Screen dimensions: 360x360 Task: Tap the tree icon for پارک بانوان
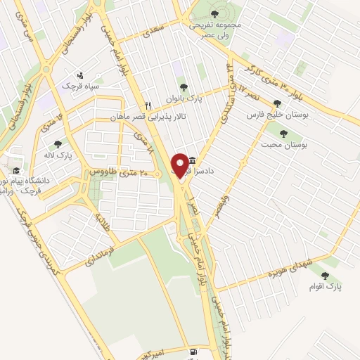pyautogui.click(x=184, y=88)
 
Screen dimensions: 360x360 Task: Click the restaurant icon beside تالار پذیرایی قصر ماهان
pyautogui.click(x=148, y=105)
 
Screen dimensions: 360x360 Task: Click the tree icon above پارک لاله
pyautogui.click(x=58, y=143)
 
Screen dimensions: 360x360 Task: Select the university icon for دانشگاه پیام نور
pyautogui.click(x=15, y=171)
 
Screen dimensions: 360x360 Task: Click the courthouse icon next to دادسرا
pyautogui.click(x=193, y=160)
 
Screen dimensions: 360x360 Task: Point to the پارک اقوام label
pyautogui.click(x=324, y=286)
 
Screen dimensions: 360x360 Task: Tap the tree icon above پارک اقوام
pyautogui.click(x=324, y=276)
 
